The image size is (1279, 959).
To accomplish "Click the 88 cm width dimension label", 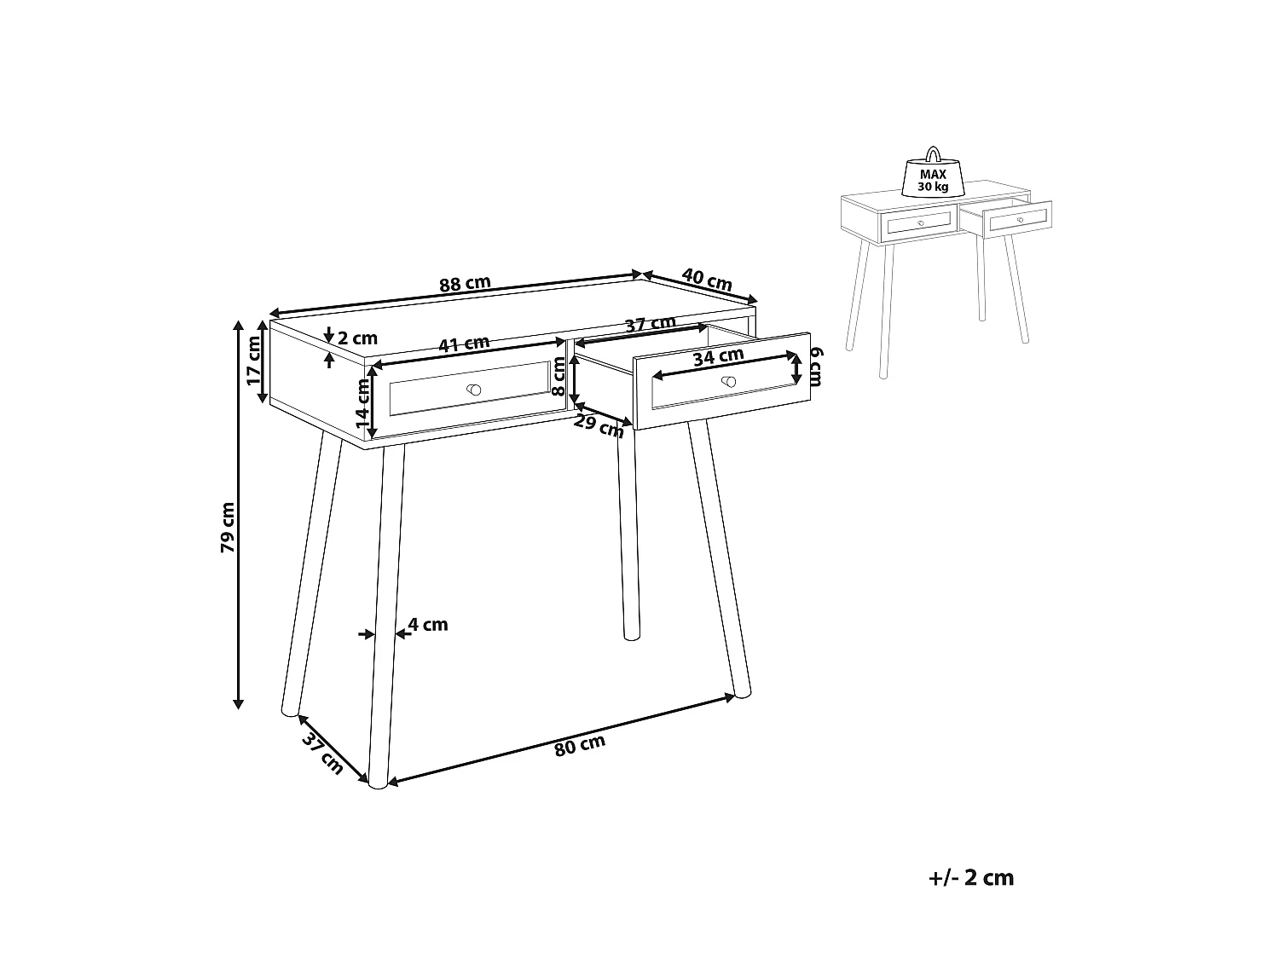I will coord(465,284).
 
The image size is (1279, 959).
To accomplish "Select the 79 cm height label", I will coord(228,528).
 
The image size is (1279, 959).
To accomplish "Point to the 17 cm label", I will coord(254,361).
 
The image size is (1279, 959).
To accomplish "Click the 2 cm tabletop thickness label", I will coord(356,338).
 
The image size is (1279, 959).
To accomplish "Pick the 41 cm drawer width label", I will coord(463,344).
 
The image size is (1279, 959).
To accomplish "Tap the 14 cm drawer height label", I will coord(362,402).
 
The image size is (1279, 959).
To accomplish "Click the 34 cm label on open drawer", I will coord(718,356).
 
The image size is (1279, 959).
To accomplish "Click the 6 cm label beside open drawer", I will coord(816,367).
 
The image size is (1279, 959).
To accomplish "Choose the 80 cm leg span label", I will coord(579,745).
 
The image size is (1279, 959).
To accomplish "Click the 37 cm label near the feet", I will coord(321,753).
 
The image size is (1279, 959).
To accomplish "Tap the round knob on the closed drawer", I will coord(474,390).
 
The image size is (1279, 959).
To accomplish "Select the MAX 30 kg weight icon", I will coord(933,176).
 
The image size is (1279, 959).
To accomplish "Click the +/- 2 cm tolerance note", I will coord(970,878).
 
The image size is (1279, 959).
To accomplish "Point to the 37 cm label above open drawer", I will coord(650,325).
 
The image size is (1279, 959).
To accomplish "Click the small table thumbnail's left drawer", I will coord(920,222).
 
